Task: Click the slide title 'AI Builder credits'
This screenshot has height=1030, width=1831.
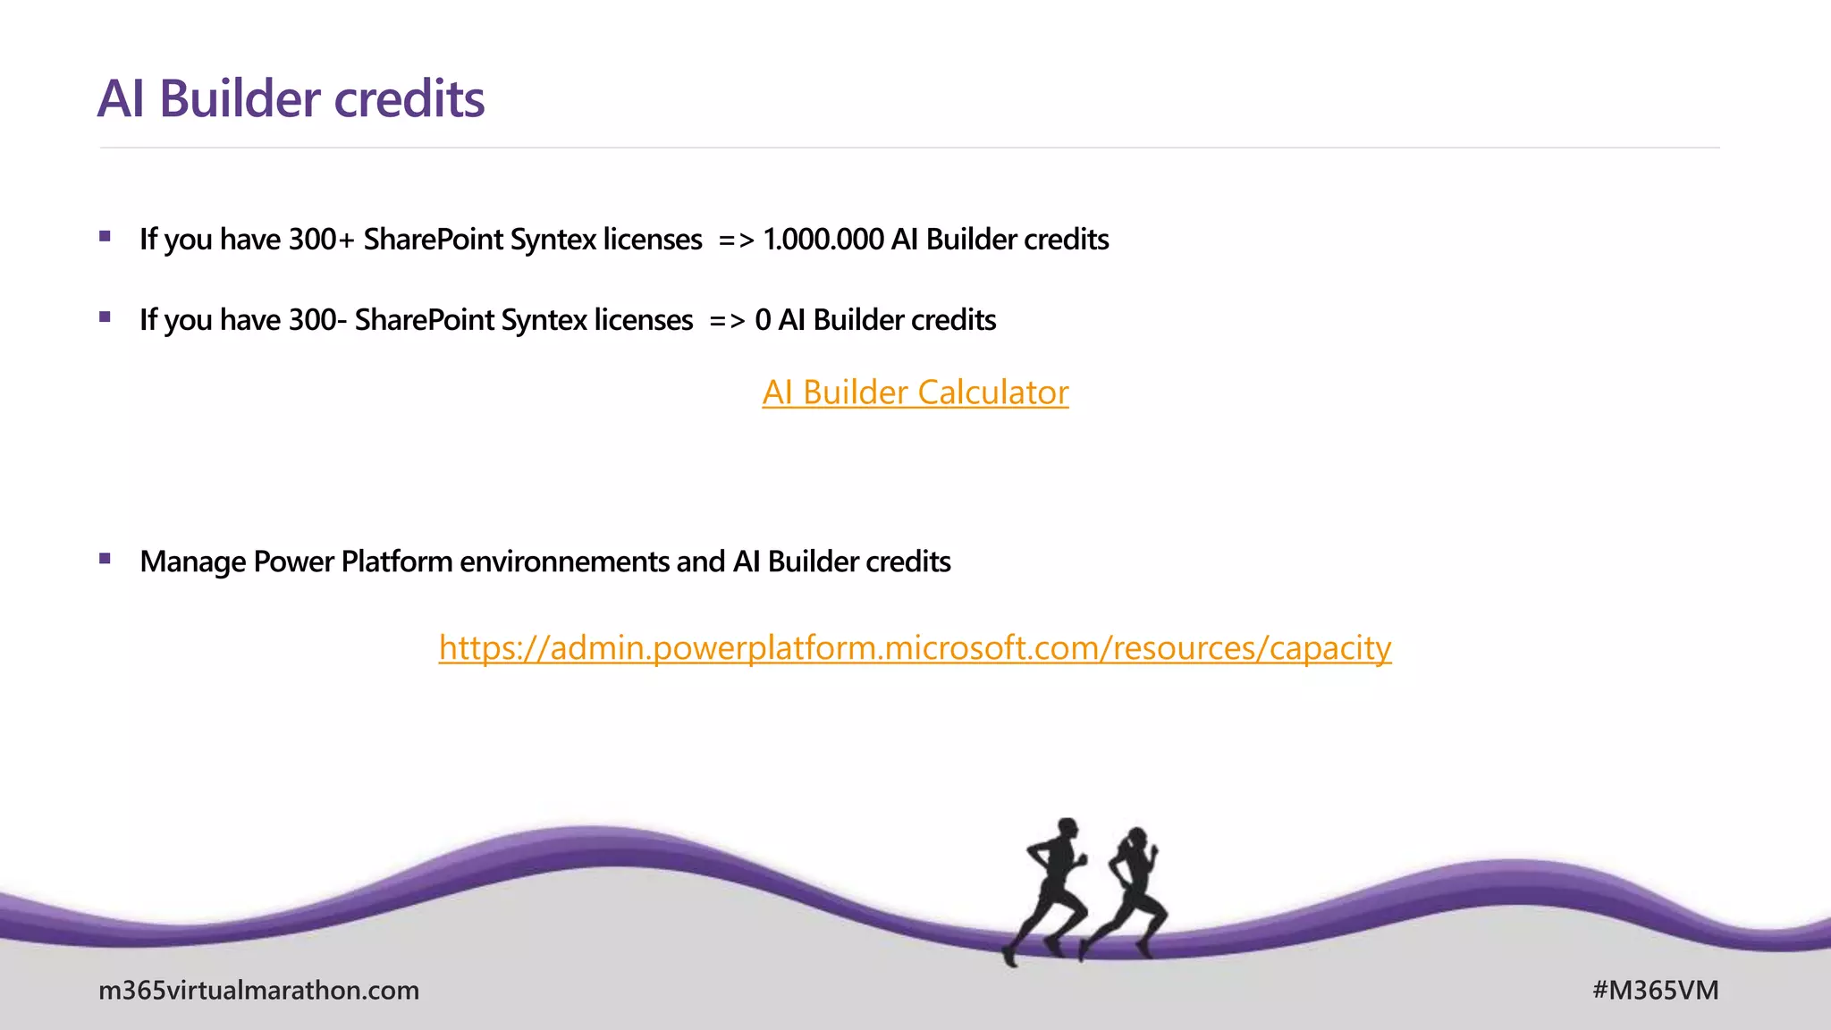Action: [291, 98]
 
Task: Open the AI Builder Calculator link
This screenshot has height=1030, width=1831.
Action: [915, 393]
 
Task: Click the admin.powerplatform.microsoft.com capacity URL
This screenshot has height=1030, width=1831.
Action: [915, 647]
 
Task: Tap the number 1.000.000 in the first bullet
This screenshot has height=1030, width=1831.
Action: [823, 240]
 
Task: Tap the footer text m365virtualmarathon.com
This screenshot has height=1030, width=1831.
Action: [258, 990]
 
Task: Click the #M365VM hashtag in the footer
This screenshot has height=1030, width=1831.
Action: [1655, 990]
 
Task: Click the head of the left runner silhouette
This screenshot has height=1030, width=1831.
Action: [1067, 828]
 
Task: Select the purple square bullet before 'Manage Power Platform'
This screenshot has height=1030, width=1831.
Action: [105, 559]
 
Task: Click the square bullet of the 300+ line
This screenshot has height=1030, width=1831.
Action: [105, 237]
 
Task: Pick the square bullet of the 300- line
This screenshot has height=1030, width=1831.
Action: [105, 317]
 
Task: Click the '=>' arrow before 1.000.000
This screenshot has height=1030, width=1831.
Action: [736, 240]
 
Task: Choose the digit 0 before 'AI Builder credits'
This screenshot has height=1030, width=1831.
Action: [762, 320]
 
